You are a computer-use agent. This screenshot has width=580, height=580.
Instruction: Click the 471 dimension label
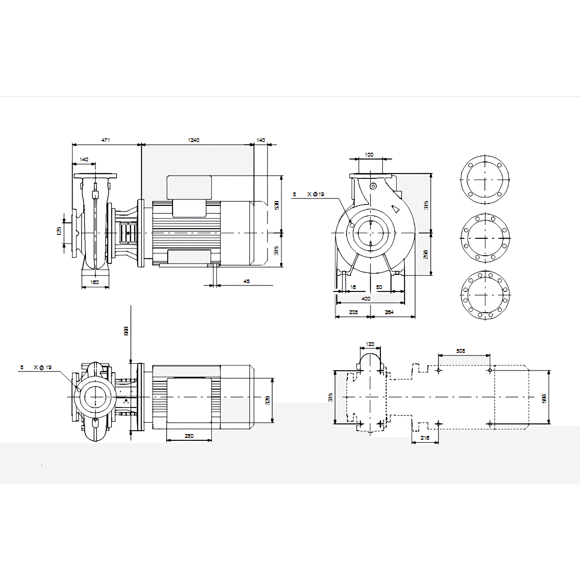(x=106, y=140)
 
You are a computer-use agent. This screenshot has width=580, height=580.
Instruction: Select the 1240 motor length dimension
(x=194, y=140)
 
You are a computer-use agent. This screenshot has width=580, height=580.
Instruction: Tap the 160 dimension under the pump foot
(x=94, y=282)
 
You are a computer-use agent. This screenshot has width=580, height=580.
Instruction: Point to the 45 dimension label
(x=246, y=281)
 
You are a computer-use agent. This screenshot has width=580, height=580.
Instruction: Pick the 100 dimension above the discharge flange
(x=369, y=155)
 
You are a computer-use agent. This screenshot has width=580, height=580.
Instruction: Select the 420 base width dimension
(x=366, y=299)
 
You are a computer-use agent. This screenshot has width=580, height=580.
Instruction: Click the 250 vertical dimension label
(x=425, y=254)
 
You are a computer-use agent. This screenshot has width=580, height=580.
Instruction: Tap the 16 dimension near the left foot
(x=353, y=287)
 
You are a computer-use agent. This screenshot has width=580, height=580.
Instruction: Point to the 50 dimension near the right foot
(x=379, y=287)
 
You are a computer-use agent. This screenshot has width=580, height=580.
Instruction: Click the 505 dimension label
(x=461, y=351)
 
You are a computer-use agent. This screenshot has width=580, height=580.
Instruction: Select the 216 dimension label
(x=425, y=438)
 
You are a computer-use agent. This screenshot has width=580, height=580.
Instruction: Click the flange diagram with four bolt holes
(x=485, y=180)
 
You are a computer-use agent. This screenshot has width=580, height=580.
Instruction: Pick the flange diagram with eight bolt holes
(x=485, y=238)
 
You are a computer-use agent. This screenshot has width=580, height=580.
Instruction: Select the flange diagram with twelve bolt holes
(x=485, y=295)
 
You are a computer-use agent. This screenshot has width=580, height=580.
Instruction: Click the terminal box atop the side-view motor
(x=189, y=188)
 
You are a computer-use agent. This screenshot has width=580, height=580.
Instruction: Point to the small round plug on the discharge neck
(x=373, y=186)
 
